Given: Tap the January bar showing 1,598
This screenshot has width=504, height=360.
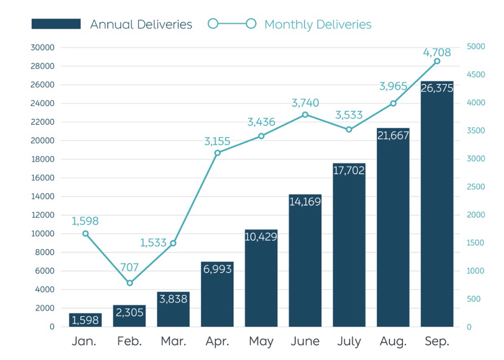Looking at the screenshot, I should click(x=85, y=320).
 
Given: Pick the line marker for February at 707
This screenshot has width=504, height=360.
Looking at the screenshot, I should click(x=129, y=283).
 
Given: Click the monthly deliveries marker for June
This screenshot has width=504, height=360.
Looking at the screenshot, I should click(x=305, y=115).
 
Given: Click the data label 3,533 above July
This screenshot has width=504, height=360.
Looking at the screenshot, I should click(x=349, y=115).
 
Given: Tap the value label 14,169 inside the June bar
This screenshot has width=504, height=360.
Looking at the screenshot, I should click(x=305, y=202).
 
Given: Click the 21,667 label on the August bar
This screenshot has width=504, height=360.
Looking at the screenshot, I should click(x=393, y=135).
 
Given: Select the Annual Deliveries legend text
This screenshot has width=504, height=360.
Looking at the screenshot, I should click(x=141, y=24).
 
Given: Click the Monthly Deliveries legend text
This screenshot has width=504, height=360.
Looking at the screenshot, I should click(x=318, y=24).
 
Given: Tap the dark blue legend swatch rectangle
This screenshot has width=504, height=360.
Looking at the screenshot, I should click(x=56, y=24).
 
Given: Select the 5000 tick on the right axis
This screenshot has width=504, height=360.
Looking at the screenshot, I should click(x=475, y=47).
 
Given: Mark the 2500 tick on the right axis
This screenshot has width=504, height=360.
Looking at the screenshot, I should click(x=475, y=187).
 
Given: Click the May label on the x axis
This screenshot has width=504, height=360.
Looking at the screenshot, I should click(x=261, y=342).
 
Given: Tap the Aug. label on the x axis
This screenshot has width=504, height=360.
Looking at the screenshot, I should click(x=393, y=342).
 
